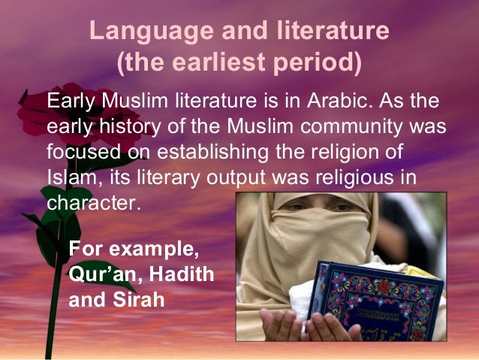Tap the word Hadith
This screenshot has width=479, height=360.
click(180, 273)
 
